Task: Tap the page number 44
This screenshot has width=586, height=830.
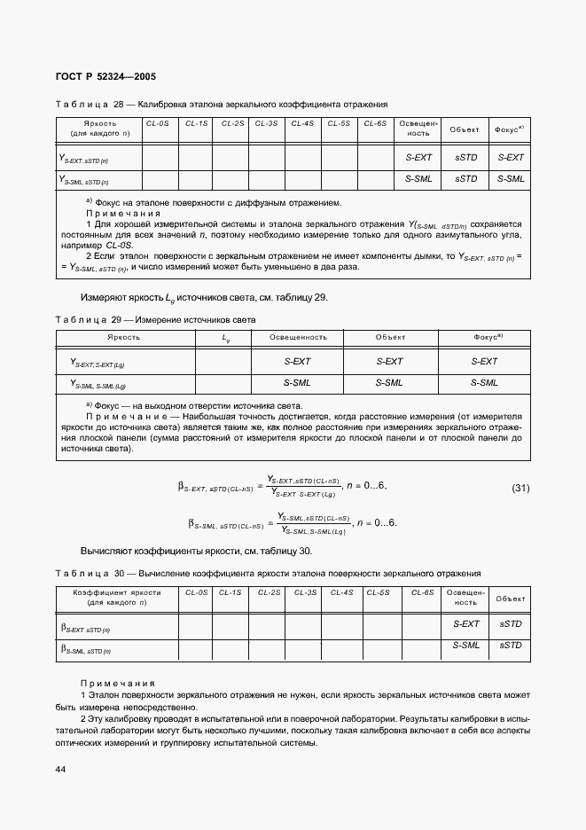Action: (60, 769)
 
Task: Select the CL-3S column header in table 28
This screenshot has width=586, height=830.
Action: (266, 123)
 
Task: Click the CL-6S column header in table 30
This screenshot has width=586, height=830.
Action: (423, 592)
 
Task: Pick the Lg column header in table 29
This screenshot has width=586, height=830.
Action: (225, 337)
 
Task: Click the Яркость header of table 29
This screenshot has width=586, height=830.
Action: (123, 337)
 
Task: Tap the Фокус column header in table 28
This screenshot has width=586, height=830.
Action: (510, 129)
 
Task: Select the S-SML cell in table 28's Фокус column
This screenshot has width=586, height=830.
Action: (510, 178)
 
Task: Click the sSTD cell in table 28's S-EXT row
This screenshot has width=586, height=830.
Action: (465, 157)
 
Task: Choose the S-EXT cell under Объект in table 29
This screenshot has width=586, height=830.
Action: (389, 361)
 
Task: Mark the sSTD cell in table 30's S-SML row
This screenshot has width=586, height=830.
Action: (510, 646)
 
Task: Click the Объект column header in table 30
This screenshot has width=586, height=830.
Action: (510, 599)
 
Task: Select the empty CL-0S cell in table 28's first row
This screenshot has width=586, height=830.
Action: (160, 157)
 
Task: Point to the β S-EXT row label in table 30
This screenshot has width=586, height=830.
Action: (85, 626)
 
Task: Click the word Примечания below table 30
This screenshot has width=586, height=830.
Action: (117, 683)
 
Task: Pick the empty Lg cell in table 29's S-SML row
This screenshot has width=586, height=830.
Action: (225, 383)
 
